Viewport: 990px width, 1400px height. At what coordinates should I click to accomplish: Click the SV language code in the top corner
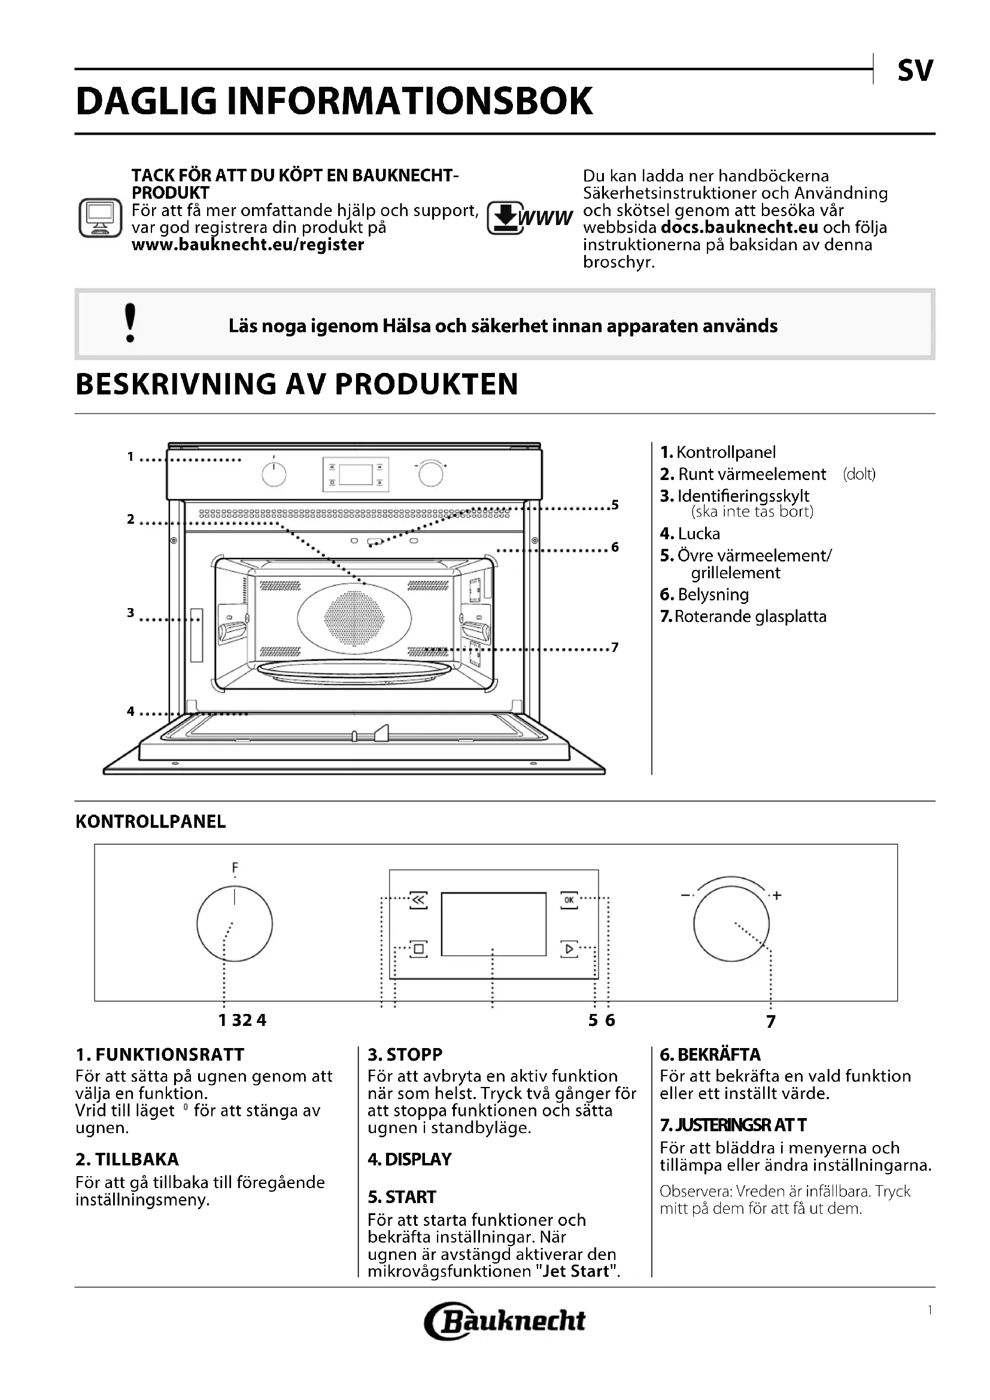(915, 71)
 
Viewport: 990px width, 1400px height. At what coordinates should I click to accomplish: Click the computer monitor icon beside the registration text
(100, 218)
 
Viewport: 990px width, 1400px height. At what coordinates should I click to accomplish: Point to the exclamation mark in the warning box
(129, 323)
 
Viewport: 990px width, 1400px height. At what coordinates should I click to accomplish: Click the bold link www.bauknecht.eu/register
(248, 245)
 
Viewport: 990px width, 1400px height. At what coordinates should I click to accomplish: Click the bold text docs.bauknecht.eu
(739, 227)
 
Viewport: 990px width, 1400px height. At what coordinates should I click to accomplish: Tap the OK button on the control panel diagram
(569, 900)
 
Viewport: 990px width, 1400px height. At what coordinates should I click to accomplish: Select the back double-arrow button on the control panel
(419, 900)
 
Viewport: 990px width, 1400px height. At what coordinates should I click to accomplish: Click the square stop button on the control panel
(419, 949)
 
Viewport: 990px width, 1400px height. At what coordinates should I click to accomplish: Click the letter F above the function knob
(235, 867)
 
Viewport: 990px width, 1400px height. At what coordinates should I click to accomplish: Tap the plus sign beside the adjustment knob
(777, 896)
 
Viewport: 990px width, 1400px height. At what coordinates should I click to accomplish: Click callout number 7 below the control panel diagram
(771, 1022)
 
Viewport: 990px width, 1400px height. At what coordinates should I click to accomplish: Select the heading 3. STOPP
(405, 1055)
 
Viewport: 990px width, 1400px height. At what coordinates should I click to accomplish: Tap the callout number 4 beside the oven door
(130, 711)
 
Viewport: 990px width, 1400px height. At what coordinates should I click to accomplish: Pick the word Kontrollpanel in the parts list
(725, 453)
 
